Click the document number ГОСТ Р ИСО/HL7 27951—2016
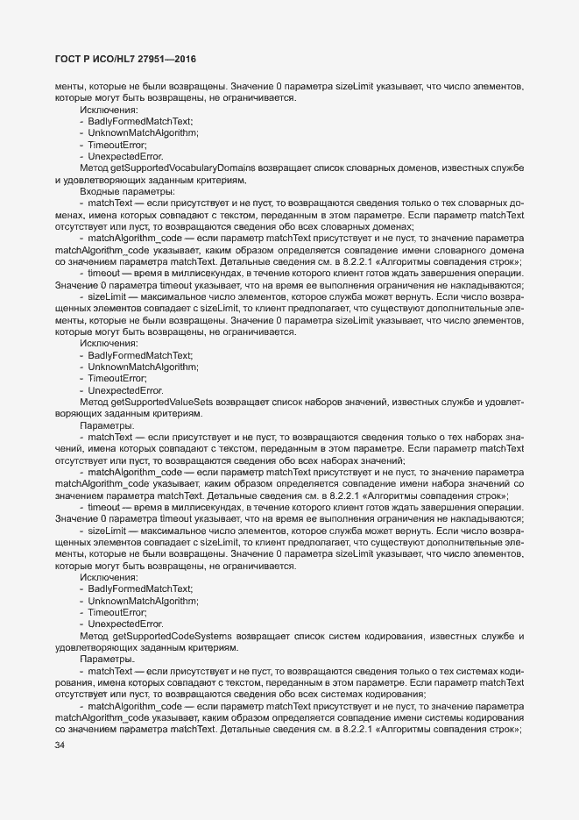point(125,59)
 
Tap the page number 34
point(60,745)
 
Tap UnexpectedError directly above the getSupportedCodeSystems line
point(125,624)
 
